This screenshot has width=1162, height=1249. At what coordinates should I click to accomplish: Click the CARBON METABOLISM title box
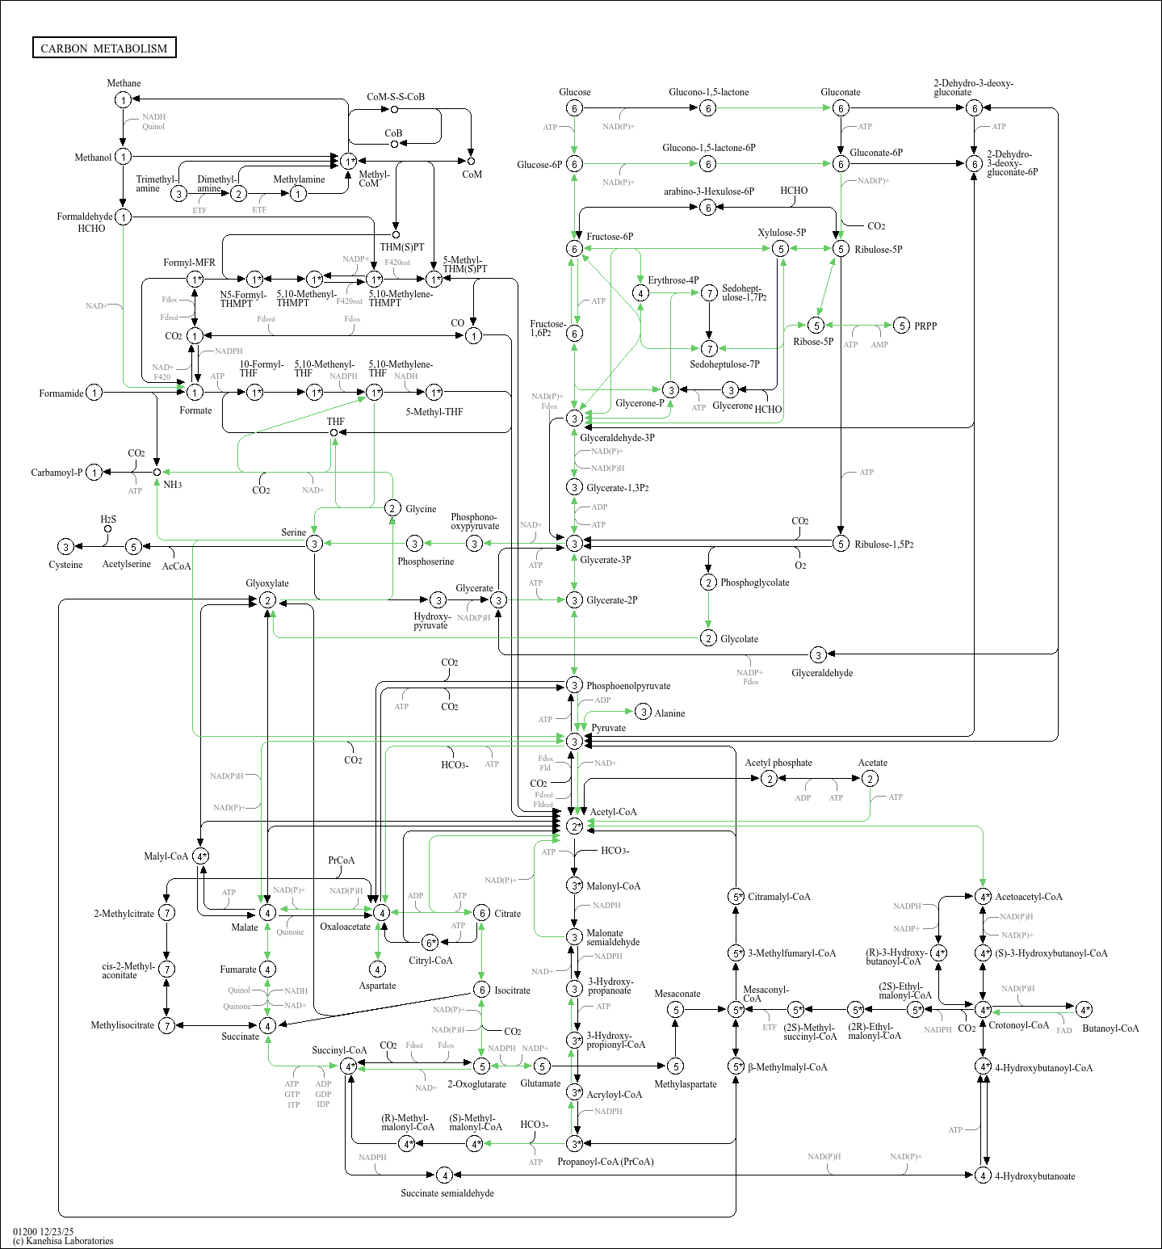[x=104, y=48]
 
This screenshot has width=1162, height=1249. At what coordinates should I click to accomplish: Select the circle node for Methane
[x=123, y=100]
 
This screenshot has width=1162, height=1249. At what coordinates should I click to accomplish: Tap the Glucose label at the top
[x=574, y=92]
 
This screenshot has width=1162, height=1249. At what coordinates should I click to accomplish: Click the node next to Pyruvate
[x=574, y=741]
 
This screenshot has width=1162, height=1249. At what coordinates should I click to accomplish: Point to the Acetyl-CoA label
[x=613, y=812]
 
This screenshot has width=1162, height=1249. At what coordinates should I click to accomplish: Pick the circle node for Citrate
[x=481, y=913]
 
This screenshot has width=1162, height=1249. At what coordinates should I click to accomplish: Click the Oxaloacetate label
[x=345, y=927]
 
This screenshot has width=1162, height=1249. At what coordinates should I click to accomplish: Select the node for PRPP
[x=902, y=326]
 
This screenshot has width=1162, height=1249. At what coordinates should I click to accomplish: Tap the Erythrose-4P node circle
[x=640, y=293]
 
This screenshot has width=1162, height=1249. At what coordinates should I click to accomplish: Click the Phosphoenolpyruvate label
[x=628, y=686]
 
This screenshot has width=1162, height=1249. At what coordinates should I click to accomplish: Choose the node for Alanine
[x=643, y=712]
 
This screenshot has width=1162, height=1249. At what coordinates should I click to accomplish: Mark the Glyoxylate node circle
[x=267, y=600]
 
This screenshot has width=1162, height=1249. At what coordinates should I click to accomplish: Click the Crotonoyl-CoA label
[x=1019, y=1025]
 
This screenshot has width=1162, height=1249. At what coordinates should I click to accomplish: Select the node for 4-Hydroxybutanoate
[x=983, y=1175]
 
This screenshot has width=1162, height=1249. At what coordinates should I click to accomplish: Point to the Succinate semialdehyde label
[x=447, y=1193]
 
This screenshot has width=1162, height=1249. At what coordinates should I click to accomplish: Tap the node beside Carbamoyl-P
[x=94, y=473]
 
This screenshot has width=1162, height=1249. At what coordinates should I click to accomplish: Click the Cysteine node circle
[x=66, y=547]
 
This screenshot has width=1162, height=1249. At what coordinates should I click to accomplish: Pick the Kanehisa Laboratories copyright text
[x=63, y=1241]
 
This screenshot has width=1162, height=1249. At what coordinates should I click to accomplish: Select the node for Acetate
[x=870, y=779]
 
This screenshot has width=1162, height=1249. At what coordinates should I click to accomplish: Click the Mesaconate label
[x=677, y=994]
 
